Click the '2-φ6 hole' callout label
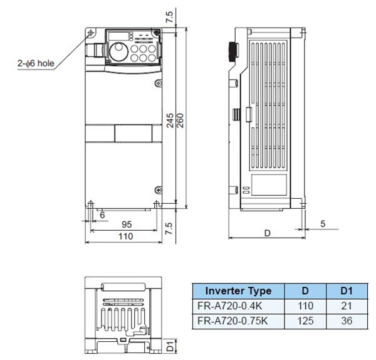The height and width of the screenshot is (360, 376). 38,63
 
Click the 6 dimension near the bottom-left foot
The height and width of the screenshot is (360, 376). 102,214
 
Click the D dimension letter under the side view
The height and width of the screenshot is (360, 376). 267,233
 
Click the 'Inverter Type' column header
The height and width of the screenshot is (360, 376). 238,291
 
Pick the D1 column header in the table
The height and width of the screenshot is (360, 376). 347,291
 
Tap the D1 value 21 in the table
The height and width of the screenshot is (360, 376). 347,306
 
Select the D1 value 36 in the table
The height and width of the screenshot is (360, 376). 347,320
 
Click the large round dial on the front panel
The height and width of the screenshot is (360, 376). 117,51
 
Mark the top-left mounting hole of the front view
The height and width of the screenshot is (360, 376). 91,33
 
